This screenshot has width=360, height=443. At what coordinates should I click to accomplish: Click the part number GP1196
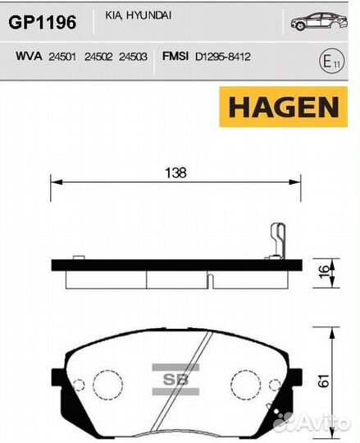(x=43, y=22)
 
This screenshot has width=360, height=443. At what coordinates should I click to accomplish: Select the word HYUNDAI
(x=148, y=16)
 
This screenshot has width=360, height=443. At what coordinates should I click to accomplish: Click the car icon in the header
(x=319, y=21)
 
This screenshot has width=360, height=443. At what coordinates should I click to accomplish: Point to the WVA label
(x=29, y=56)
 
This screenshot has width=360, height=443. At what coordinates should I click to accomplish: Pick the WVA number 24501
(x=62, y=57)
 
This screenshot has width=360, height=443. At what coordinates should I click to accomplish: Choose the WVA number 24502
(x=98, y=57)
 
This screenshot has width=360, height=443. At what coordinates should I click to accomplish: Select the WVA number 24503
(x=133, y=57)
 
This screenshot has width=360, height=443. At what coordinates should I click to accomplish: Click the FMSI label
(x=175, y=56)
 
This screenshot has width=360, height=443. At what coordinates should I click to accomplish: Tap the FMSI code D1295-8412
(x=223, y=57)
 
